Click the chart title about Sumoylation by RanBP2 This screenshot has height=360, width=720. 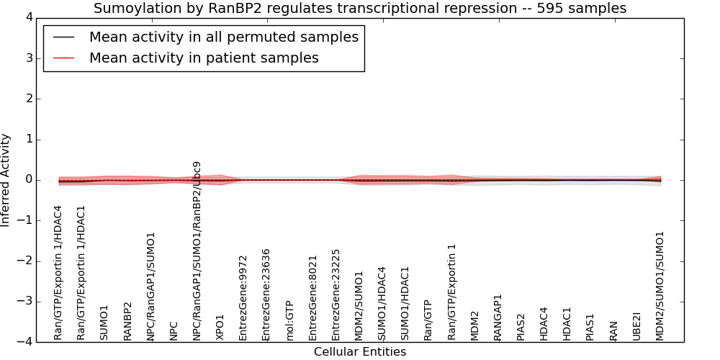tap(360, 8)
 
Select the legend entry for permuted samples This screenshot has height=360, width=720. tap(224, 37)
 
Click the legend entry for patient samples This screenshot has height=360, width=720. tap(204, 58)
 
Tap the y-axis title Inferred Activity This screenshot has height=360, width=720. tap(5, 180)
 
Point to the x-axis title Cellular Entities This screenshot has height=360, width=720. tap(360, 352)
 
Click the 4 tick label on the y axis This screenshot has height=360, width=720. tap(30, 17)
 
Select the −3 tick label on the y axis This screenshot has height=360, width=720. tap(25, 302)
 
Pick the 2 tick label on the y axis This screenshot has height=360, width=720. tap(30, 99)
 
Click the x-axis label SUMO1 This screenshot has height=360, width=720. tap(104, 323)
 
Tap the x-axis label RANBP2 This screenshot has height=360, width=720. tap(127, 321)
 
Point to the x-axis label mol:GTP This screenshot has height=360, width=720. tap(289, 321)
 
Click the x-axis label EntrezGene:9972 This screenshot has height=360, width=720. tap(243, 298)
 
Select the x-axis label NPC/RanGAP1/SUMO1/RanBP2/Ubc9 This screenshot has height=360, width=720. tap(197, 251)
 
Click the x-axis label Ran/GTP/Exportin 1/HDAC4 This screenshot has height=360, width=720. tap(58, 273)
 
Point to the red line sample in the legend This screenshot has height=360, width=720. tap(61, 58)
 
